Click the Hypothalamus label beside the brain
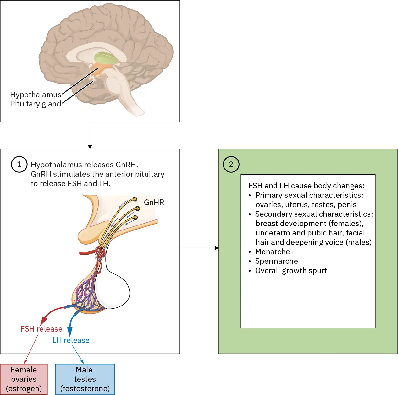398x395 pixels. [36, 95]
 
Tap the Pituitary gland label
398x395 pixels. [36, 104]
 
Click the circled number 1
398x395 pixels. [19, 165]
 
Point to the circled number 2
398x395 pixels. [231, 165]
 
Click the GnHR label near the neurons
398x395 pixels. [154, 203]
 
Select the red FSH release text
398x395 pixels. [41, 329]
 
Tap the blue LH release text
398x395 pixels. [71, 340]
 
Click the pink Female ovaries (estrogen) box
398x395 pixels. [24, 379]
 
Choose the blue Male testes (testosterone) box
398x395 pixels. [85, 379]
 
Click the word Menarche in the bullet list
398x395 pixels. [272, 252]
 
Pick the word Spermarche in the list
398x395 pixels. [276, 261]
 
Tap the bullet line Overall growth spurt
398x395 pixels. [291, 271]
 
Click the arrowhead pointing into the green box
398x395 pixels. [216, 248]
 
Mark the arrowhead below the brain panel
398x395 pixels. [90, 147]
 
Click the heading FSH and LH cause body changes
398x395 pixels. [306, 186]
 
